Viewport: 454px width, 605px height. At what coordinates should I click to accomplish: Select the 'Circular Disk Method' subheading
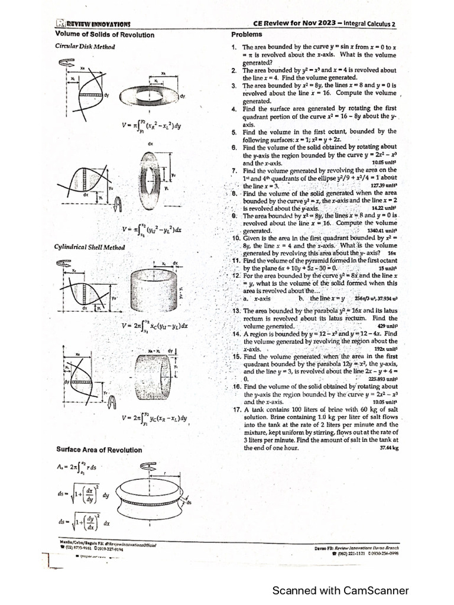[85, 46]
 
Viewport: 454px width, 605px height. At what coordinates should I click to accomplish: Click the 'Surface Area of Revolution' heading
[99, 450]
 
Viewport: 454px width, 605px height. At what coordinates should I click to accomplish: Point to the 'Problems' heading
[246, 34]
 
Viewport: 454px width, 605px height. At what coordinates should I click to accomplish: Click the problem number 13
[235, 310]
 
